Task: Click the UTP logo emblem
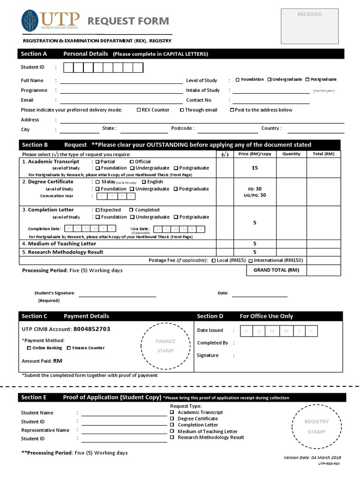click(30, 21)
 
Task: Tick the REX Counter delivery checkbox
click(139, 110)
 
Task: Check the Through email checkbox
click(182, 110)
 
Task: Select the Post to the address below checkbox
click(232, 110)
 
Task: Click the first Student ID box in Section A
click(68, 68)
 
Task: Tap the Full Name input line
click(121, 81)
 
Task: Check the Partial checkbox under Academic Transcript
click(97, 162)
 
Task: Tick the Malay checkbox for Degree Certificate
click(97, 182)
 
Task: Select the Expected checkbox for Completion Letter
click(97, 210)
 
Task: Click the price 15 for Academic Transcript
click(255, 168)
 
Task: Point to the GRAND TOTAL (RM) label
click(276, 270)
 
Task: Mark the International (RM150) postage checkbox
click(251, 261)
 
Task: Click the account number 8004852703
click(92, 329)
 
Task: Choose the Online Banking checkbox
click(29, 348)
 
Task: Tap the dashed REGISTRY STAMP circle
click(316, 427)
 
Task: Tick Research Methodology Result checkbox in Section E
click(172, 437)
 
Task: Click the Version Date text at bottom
click(312, 457)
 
